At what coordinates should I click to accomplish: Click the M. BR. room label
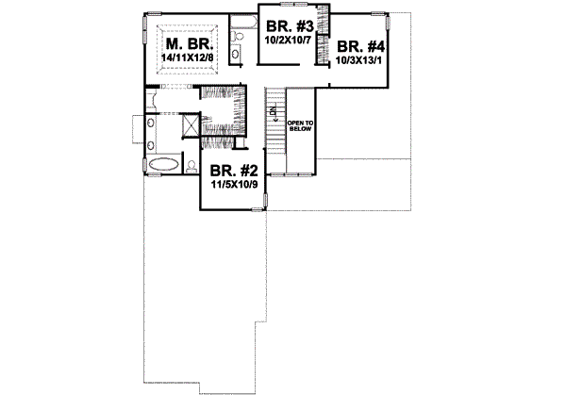[190, 44]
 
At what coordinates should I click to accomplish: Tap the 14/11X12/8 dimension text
[189, 58]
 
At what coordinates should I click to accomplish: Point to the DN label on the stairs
[271, 113]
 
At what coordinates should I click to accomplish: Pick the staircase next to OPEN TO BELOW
[275, 132]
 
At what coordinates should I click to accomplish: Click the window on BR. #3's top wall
[289, 11]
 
